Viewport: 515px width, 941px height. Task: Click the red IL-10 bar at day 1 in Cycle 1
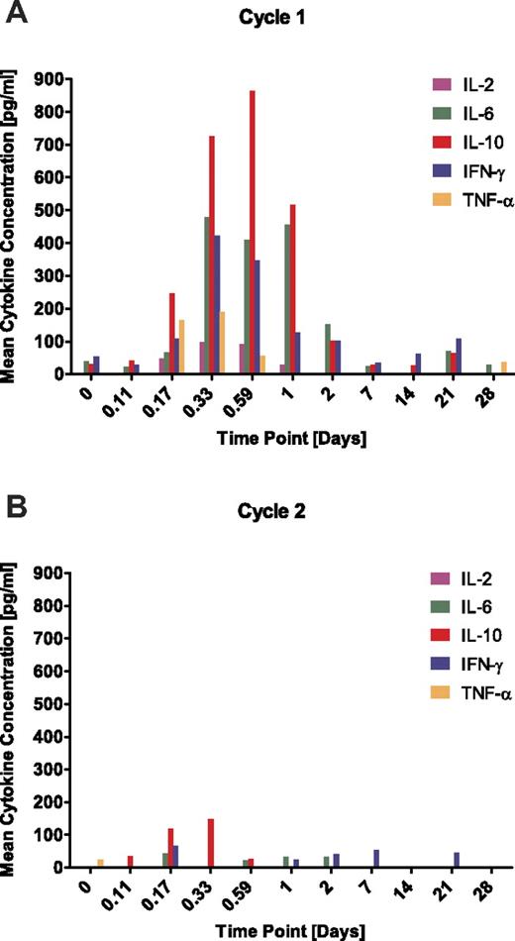point(293,289)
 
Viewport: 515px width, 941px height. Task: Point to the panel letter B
point(14,513)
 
